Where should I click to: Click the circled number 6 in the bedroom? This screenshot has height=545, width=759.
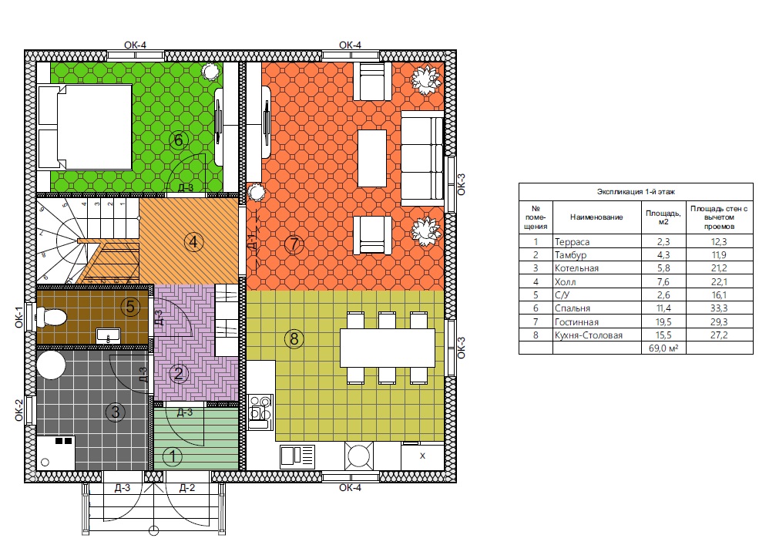click(x=178, y=140)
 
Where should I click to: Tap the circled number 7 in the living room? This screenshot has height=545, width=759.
click(x=294, y=244)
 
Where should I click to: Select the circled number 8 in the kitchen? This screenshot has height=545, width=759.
click(x=294, y=338)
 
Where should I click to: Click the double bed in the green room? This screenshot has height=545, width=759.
click(x=86, y=127)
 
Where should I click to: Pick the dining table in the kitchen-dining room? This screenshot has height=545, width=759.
click(x=388, y=348)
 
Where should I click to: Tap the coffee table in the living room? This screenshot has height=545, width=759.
click(x=371, y=159)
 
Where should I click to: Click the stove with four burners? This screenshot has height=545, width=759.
click(x=261, y=412)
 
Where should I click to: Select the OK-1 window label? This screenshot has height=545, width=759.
click(x=18, y=318)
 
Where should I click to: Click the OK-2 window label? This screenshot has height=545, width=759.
click(x=18, y=410)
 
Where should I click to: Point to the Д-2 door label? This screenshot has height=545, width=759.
click(x=186, y=488)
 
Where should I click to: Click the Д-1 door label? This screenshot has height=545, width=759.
click(x=251, y=241)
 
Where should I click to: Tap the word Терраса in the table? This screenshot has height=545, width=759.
click(x=573, y=242)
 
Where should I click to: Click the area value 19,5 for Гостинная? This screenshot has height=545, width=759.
click(x=663, y=321)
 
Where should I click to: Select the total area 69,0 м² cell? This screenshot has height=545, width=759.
click(x=663, y=348)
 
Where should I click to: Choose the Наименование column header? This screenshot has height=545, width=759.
click(x=596, y=217)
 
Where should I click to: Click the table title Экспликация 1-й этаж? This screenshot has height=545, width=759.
click(x=636, y=192)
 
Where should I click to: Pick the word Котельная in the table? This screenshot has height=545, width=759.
click(x=576, y=268)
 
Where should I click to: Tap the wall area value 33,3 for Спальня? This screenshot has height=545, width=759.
click(x=719, y=308)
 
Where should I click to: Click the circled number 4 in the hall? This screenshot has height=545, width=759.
click(x=193, y=241)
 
